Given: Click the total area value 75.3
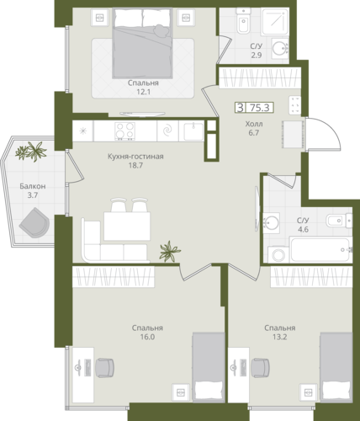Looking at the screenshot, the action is (259, 108).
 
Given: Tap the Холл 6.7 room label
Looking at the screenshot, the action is (254, 128).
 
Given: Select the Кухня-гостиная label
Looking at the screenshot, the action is (135, 157).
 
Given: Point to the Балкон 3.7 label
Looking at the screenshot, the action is (33, 190).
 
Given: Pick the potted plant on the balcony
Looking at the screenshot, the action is (31, 152).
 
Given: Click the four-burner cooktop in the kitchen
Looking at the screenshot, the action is (125, 131).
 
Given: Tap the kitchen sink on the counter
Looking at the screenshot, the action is (193, 131).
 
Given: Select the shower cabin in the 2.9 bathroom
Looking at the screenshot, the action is (275, 21).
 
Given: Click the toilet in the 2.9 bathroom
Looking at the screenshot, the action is (243, 20).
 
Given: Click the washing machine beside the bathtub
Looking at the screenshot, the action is (278, 255).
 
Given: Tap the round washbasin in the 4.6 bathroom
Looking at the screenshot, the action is (271, 222).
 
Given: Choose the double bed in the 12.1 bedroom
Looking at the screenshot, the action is (142, 43).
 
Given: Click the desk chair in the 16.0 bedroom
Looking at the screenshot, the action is (105, 367).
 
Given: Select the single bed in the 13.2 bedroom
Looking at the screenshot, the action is (336, 367).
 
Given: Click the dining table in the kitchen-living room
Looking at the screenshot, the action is (127, 226).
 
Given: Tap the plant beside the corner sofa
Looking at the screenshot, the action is (169, 251).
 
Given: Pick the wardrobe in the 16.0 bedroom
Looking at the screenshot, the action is (114, 276).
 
